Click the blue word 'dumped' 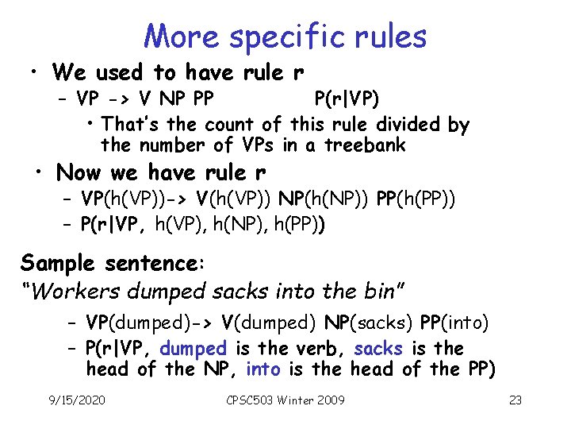pos(194,349)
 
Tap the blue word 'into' pos(263,369)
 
